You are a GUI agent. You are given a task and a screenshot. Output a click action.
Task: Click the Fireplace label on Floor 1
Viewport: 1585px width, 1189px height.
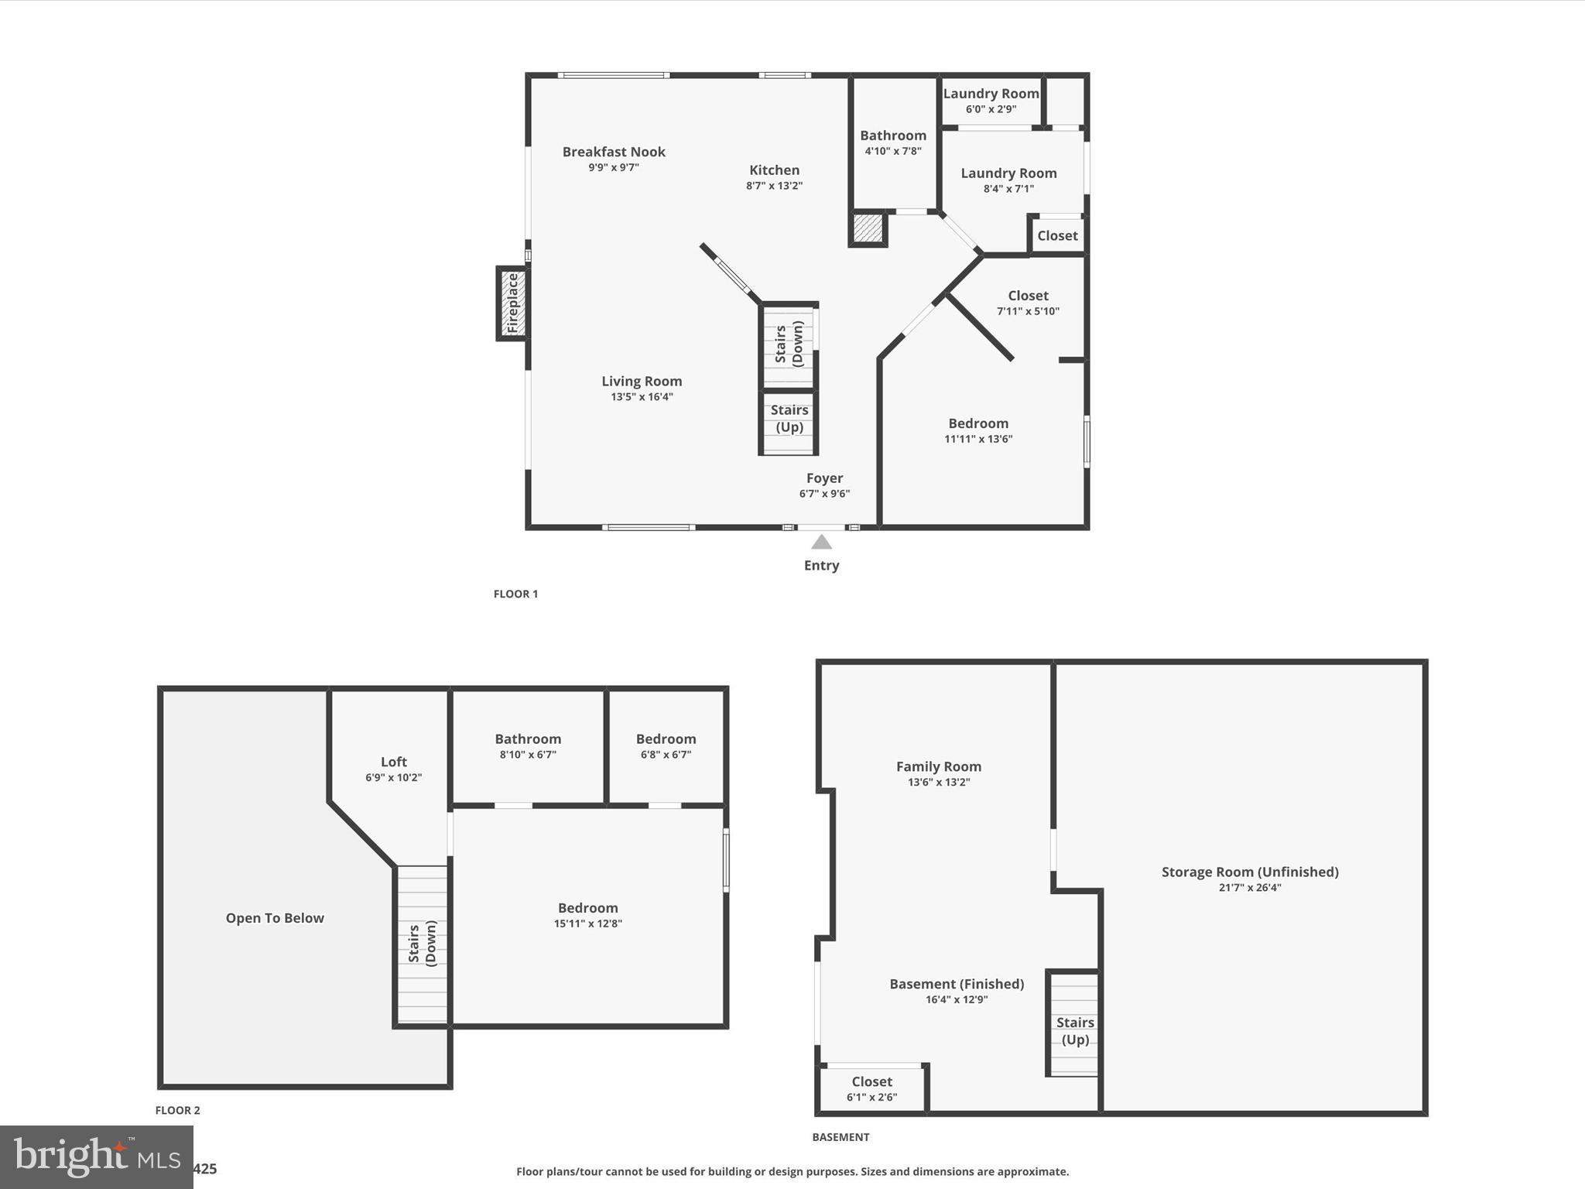tap(512, 303)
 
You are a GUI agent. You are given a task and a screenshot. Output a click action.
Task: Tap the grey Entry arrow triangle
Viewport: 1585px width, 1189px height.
tap(821, 542)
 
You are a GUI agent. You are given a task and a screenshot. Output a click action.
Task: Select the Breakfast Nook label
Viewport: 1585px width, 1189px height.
tap(614, 152)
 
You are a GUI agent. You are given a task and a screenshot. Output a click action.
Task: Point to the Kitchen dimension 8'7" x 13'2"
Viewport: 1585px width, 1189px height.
tap(774, 186)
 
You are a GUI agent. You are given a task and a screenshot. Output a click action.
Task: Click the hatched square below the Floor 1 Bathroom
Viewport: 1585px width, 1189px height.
tap(868, 228)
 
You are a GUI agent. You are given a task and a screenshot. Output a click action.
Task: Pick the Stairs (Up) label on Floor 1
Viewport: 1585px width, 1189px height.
tap(789, 419)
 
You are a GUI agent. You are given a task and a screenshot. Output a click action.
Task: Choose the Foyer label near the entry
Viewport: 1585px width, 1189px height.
tap(824, 478)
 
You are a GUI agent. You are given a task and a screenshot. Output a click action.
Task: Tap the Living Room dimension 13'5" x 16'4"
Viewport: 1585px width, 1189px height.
tap(642, 397)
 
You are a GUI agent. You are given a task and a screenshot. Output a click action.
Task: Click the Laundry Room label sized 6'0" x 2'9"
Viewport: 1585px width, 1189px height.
tap(991, 94)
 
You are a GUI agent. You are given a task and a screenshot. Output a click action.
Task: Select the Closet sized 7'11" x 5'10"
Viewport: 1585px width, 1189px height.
tap(1028, 296)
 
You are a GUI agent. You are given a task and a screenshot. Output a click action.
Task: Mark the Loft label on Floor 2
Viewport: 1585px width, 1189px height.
tap(393, 762)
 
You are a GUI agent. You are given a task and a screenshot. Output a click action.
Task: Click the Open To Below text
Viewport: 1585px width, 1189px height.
tap(275, 918)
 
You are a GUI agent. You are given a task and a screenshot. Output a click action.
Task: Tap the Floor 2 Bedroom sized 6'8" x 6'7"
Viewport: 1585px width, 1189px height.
tap(666, 739)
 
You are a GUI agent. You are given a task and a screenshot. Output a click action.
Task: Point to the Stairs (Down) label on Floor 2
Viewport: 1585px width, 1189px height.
tap(423, 944)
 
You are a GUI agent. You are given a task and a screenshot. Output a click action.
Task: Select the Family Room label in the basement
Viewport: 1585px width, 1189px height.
tap(939, 766)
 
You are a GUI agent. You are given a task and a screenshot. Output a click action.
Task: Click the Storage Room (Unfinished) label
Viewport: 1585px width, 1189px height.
tap(1250, 872)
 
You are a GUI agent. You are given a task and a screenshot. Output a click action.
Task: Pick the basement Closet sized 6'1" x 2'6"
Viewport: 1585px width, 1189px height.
tap(871, 1081)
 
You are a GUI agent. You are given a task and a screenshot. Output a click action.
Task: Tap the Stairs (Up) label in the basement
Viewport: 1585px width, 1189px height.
tap(1075, 1031)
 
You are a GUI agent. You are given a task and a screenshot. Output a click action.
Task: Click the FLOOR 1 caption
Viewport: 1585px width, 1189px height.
tap(515, 594)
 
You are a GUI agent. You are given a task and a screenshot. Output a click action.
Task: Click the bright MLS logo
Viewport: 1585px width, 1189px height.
tap(97, 1157)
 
